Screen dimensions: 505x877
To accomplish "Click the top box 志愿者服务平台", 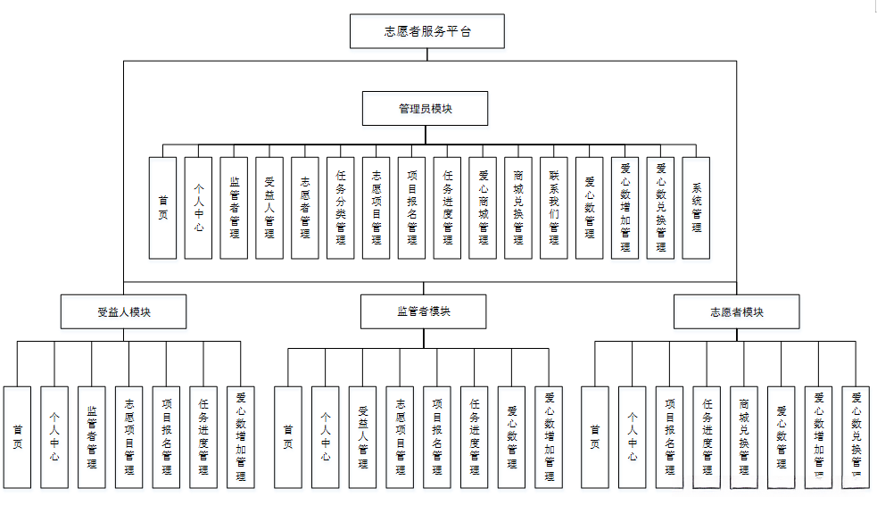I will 427,31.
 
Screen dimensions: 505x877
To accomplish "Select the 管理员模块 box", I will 425,108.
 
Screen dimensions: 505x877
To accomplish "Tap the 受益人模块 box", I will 123,312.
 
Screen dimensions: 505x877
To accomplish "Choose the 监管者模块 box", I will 424,312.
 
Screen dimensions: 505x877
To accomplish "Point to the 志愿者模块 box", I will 736,312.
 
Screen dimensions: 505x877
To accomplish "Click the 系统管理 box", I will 696,208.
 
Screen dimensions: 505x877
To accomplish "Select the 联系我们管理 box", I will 554,208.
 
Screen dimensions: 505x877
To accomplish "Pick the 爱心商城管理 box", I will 483,208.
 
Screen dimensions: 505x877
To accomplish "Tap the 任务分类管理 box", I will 341,208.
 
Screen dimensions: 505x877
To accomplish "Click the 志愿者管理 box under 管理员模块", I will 305,208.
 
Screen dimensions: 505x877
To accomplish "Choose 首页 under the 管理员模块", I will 162,208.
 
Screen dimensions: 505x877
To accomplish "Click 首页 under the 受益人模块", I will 17,436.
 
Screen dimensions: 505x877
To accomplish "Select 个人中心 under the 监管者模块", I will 326,436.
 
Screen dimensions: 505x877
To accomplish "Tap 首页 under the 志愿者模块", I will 595,436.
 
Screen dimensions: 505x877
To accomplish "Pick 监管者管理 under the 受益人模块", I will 91,436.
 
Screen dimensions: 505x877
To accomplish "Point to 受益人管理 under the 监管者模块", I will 363,436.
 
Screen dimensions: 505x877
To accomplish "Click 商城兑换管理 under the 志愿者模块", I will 744,436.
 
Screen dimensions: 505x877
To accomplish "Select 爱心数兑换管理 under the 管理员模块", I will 660,208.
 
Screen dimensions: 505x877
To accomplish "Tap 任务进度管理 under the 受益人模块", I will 203,436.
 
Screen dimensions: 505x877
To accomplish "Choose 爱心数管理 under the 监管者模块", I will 512,436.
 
